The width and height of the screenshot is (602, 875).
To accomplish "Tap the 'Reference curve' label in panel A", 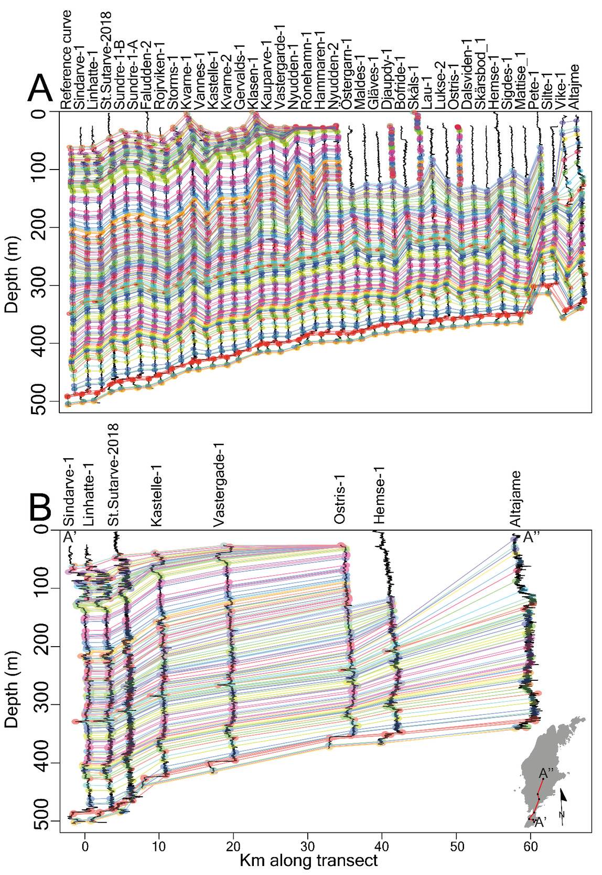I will pyautogui.click(x=66, y=59).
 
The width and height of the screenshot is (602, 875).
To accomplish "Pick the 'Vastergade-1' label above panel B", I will pyautogui.click(x=219, y=486).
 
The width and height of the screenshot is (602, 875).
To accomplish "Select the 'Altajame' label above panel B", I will pyautogui.click(x=516, y=499).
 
